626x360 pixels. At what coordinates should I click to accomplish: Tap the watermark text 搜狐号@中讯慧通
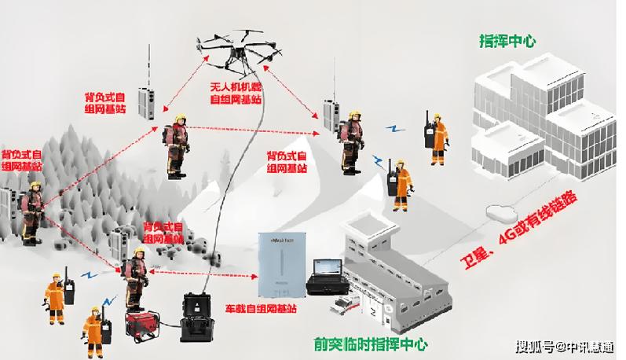click(565, 345)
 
